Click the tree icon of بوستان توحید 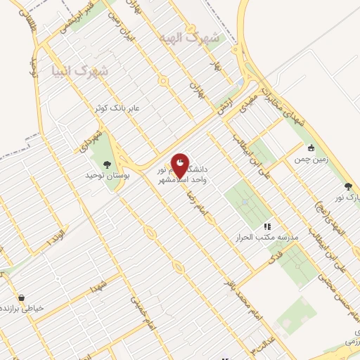point(108,164)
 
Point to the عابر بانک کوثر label point(119,109)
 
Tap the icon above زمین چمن point(311,148)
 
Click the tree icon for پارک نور point(349,186)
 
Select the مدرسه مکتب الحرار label point(267,238)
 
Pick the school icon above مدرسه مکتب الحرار point(267,226)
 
